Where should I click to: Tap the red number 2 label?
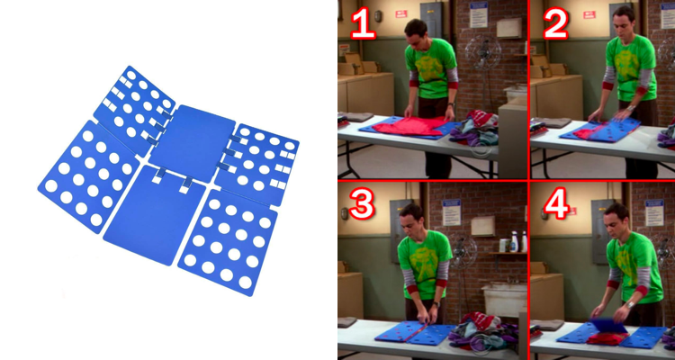point(555,23)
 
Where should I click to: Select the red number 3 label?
point(362,202)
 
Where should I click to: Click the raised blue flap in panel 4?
point(608,326)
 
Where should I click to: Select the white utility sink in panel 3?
point(504,299)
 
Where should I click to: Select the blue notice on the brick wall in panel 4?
point(654,212)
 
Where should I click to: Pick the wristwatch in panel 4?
point(630,305)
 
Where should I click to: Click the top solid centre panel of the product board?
point(192,142)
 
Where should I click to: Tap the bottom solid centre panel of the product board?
point(155,214)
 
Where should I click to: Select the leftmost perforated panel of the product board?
point(89,176)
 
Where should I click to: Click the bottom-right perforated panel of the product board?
point(228,242)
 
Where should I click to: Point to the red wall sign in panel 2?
point(589,14)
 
